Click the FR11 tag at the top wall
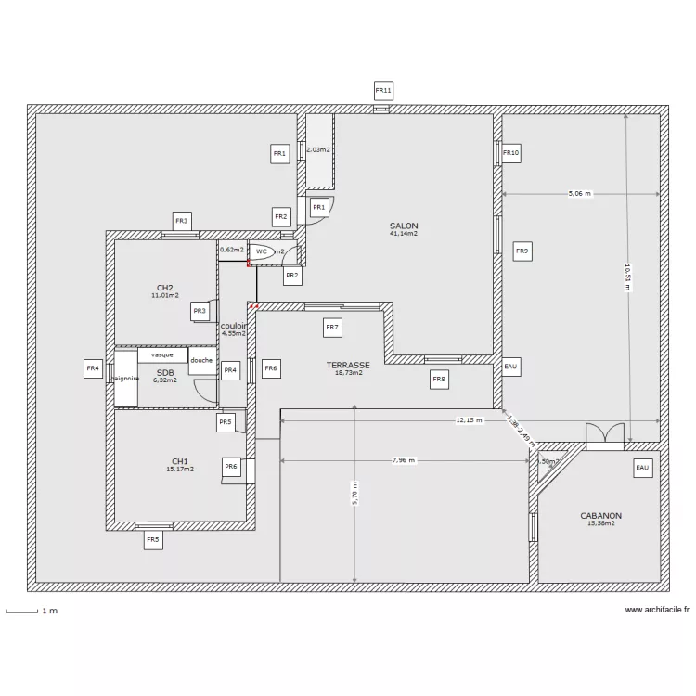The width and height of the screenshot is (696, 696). pyautogui.click(x=383, y=90)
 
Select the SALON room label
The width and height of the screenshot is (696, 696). pyautogui.click(x=404, y=226)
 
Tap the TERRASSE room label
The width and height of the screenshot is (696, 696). pyautogui.click(x=348, y=366)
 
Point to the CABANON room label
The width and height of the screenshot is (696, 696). pyautogui.click(x=600, y=516)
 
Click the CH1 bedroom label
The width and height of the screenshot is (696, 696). pyautogui.click(x=179, y=461)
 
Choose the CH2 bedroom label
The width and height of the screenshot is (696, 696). pyautogui.click(x=165, y=288)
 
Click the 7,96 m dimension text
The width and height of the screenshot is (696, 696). pyautogui.click(x=404, y=459)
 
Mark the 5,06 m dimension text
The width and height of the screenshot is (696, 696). pyautogui.click(x=580, y=194)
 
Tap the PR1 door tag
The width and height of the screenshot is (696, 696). pyautogui.click(x=318, y=207)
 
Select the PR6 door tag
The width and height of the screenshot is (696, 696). pyautogui.click(x=231, y=466)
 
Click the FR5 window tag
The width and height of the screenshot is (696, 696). pyautogui.click(x=152, y=539)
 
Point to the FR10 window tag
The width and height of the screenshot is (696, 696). pyautogui.click(x=511, y=152)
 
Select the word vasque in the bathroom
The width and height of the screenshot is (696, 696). pyautogui.click(x=162, y=354)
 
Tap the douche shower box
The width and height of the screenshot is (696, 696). pyautogui.click(x=201, y=361)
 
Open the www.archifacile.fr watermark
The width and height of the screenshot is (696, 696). pyautogui.click(x=657, y=610)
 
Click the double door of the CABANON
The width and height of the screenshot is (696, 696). pyautogui.click(x=605, y=436)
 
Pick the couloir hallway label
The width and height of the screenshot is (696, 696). pyautogui.click(x=234, y=326)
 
